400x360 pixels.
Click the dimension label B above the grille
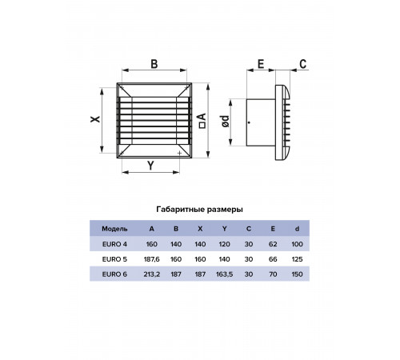click(x=154, y=64)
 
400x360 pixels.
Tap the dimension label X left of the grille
click(x=95, y=119)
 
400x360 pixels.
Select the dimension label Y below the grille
click(x=151, y=166)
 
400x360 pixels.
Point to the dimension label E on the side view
click(x=261, y=64)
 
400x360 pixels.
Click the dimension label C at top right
click(x=303, y=64)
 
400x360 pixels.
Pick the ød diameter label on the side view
click(x=225, y=122)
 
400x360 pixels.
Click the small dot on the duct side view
click(x=249, y=122)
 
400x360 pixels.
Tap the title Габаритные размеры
click(x=199, y=210)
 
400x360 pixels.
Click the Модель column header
click(x=114, y=229)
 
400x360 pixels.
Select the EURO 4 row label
click(x=114, y=244)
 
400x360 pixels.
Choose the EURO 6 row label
click(x=114, y=274)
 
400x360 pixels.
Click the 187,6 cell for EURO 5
click(x=152, y=259)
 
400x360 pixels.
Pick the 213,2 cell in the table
click(x=152, y=274)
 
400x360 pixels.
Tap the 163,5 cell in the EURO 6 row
click(x=225, y=274)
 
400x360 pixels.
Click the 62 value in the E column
click(x=273, y=244)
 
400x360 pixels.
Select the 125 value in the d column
click(x=297, y=259)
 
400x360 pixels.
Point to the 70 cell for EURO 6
click(x=273, y=274)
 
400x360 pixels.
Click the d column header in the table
click(x=297, y=229)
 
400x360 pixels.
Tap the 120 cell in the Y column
click(x=225, y=244)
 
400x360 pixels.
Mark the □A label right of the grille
click(x=202, y=121)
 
